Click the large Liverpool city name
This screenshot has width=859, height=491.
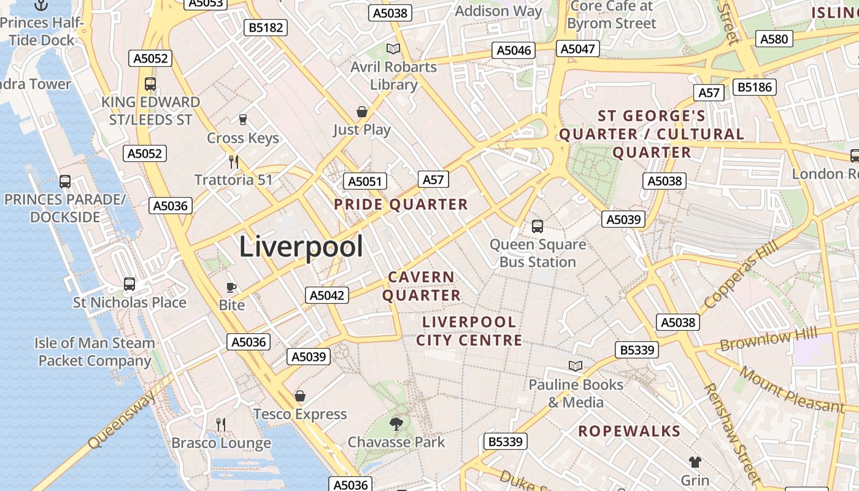click(x=301, y=247)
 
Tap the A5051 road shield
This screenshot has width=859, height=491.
click(x=364, y=181)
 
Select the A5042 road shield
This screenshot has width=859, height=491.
click(x=326, y=295)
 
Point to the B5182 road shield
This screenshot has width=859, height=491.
click(x=266, y=28)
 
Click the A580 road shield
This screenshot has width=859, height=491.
click(x=773, y=39)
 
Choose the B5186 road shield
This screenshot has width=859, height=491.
click(x=755, y=87)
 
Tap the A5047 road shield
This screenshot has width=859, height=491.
click(x=578, y=49)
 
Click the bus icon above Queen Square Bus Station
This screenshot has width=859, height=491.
click(x=537, y=226)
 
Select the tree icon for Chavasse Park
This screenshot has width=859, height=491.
click(x=396, y=423)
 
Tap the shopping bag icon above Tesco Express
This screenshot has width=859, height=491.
click(x=300, y=396)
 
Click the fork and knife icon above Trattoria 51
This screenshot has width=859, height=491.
click(x=233, y=161)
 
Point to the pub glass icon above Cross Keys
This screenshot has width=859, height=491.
click(x=243, y=119)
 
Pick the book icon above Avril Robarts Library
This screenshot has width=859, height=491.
click(x=393, y=48)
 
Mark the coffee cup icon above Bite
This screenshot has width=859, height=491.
click(x=231, y=287)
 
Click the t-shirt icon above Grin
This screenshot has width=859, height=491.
click(x=695, y=462)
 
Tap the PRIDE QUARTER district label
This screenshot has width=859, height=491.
click(x=401, y=204)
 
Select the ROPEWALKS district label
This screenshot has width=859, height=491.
click(x=630, y=431)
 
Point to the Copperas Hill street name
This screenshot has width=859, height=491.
click(x=741, y=274)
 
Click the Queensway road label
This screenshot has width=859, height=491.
click(x=121, y=420)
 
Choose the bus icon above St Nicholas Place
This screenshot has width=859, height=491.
click(x=129, y=284)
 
